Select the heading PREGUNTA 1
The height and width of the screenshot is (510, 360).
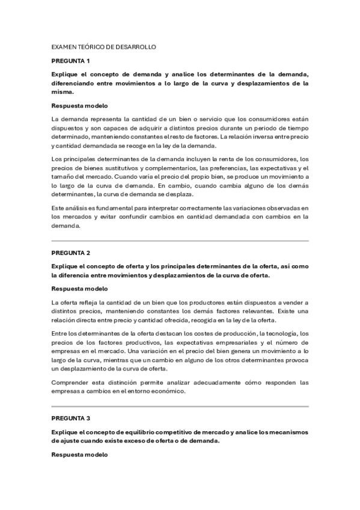[x=70, y=61]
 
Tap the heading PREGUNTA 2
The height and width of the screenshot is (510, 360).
[x=70, y=253]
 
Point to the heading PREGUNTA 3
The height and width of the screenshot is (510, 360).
[x=70, y=418]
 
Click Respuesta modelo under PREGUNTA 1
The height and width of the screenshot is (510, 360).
[x=79, y=106]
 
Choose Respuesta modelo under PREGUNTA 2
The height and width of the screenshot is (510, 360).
[x=79, y=289]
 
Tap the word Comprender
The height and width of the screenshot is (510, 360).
[x=72, y=382]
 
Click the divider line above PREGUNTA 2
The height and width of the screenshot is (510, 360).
[x=180, y=241]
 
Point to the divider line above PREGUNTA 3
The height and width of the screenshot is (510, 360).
[x=180, y=406]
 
